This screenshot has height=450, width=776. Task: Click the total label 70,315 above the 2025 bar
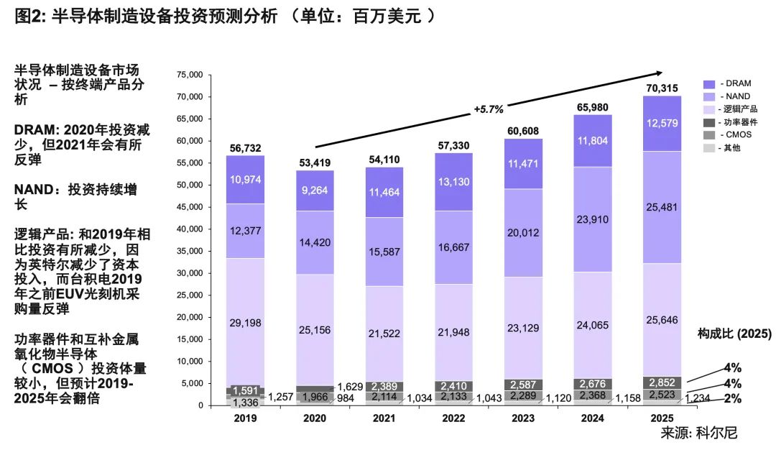[662, 88]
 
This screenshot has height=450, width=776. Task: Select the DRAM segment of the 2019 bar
[245, 180]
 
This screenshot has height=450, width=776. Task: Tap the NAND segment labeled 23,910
[592, 219]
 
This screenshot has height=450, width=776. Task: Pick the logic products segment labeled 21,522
[384, 334]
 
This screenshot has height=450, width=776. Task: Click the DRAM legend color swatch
[708, 84]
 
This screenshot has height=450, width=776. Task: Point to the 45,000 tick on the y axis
[190, 207]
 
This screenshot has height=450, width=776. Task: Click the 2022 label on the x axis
[453, 418]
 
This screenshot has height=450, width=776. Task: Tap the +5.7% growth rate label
[489, 109]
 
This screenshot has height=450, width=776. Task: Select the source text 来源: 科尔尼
[699, 433]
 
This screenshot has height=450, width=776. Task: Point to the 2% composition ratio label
[732, 398]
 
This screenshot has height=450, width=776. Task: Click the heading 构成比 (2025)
[734, 334]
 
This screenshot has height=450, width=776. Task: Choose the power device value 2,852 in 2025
[662, 382]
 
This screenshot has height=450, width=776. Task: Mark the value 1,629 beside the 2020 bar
[350, 387]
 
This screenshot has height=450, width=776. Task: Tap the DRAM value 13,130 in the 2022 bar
[453, 182]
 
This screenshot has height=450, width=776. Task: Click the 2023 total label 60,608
[522, 131]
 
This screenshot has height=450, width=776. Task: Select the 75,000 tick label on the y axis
[190, 75]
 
